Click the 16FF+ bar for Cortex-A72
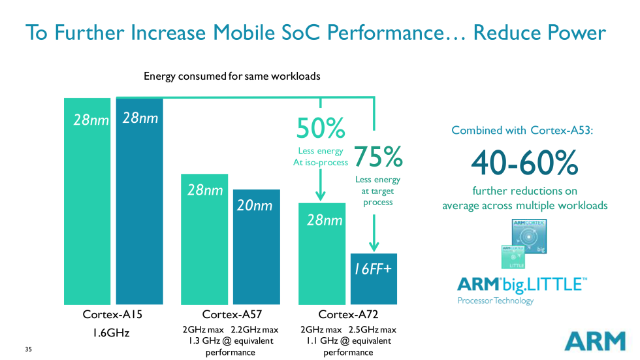374,279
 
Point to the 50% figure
320,129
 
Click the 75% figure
378,157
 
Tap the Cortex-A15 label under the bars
112,314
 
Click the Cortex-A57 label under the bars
231,314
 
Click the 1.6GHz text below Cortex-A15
110,333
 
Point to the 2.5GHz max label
372,329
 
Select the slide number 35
28,349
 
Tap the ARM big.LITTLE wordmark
522,284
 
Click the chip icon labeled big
529,236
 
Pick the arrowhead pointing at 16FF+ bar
374,247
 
